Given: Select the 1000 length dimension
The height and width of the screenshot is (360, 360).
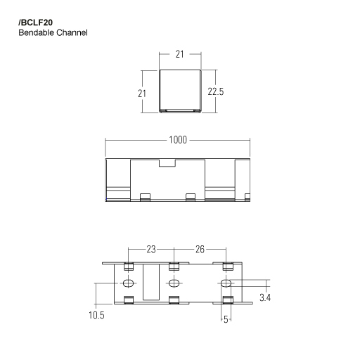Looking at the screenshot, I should [177, 140].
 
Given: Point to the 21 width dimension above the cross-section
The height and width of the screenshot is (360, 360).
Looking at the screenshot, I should [180, 53].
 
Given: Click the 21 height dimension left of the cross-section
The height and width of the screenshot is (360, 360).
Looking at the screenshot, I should [141, 92].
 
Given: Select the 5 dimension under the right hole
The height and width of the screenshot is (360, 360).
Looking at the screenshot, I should [226, 319].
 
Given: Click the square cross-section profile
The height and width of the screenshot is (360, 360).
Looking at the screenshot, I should [180, 91].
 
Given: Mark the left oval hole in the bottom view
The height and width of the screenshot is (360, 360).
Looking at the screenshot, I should [129, 283].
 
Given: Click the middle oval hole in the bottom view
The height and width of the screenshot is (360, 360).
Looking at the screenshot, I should [174, 283].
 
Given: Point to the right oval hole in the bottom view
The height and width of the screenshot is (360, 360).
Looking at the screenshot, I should [226, 283].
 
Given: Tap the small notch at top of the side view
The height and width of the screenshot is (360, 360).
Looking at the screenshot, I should [167, 163].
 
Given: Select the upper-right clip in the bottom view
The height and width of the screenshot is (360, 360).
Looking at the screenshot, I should [227, 266].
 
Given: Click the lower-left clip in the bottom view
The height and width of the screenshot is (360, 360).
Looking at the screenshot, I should [129, 301].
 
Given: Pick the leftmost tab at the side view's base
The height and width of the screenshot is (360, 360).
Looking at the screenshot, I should [146, 197].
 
